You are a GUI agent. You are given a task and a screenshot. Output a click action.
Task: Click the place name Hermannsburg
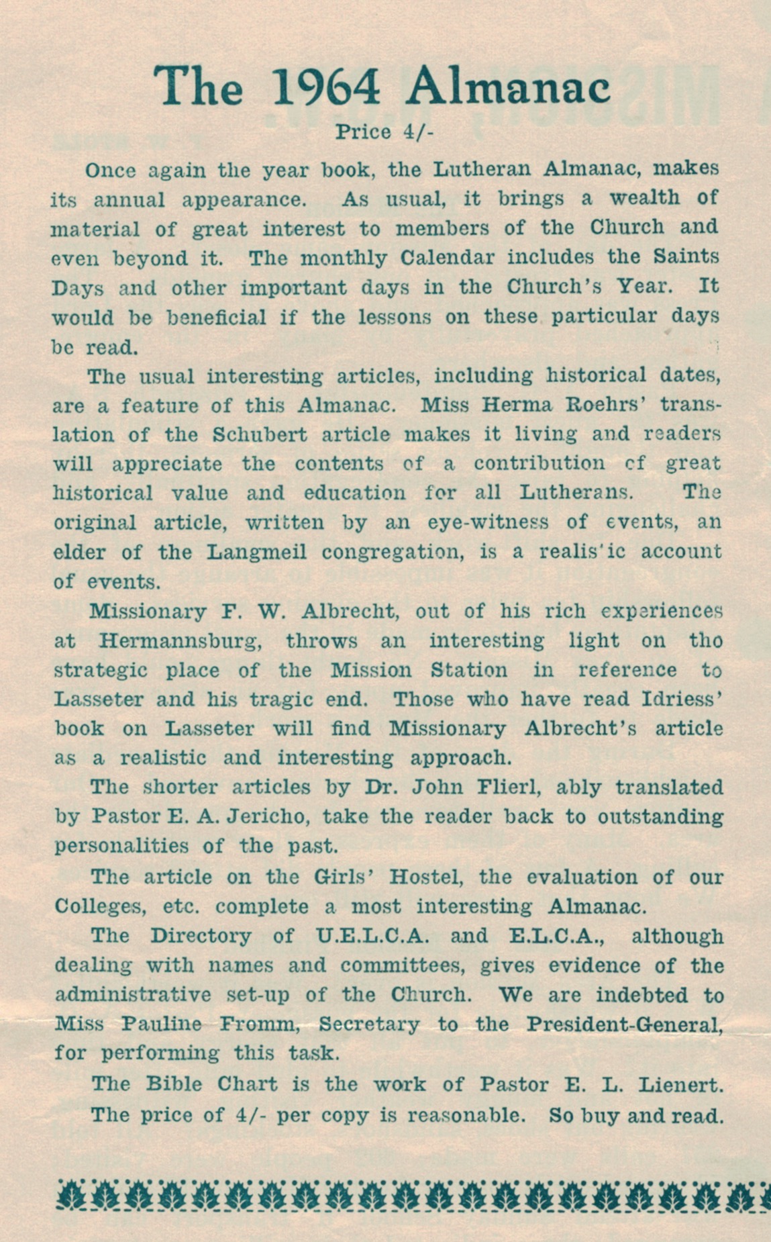pos(180,640)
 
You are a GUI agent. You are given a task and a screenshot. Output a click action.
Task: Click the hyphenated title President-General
pos(625,1024)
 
